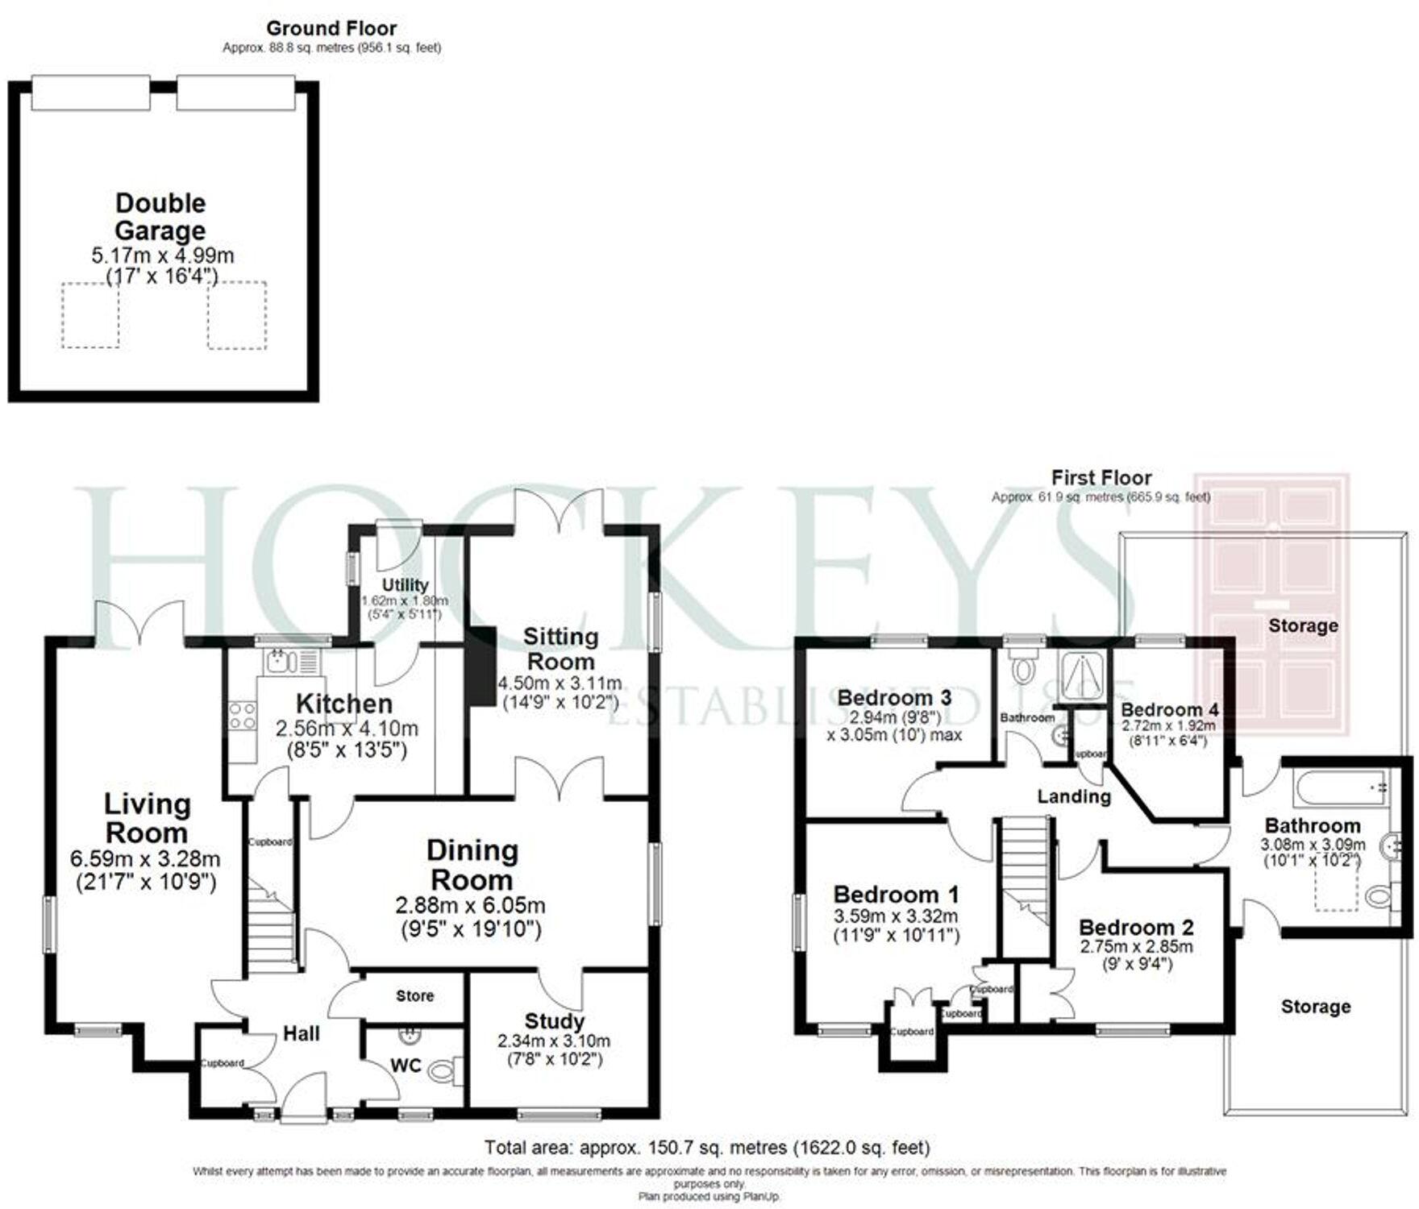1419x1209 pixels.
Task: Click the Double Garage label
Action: coord(160,217)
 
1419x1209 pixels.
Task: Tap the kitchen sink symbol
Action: coord(278,662)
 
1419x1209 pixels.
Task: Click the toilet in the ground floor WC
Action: coord(443,1071)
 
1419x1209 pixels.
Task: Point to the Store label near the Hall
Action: coord(414,996)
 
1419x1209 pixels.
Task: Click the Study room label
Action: coord(554,1021)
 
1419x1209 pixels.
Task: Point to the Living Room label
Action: coord(147,818)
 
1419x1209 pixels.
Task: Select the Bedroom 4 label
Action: coord(1169,709)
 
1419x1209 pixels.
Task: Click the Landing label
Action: coord(1073,797)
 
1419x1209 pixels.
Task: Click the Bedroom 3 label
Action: coord(894,697)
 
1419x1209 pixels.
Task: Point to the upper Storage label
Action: coord(1303,625)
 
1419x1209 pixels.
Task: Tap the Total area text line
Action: coord(706,1147)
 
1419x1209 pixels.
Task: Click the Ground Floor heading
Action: coord(331,29)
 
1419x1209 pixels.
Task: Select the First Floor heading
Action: coord(1101,478)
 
